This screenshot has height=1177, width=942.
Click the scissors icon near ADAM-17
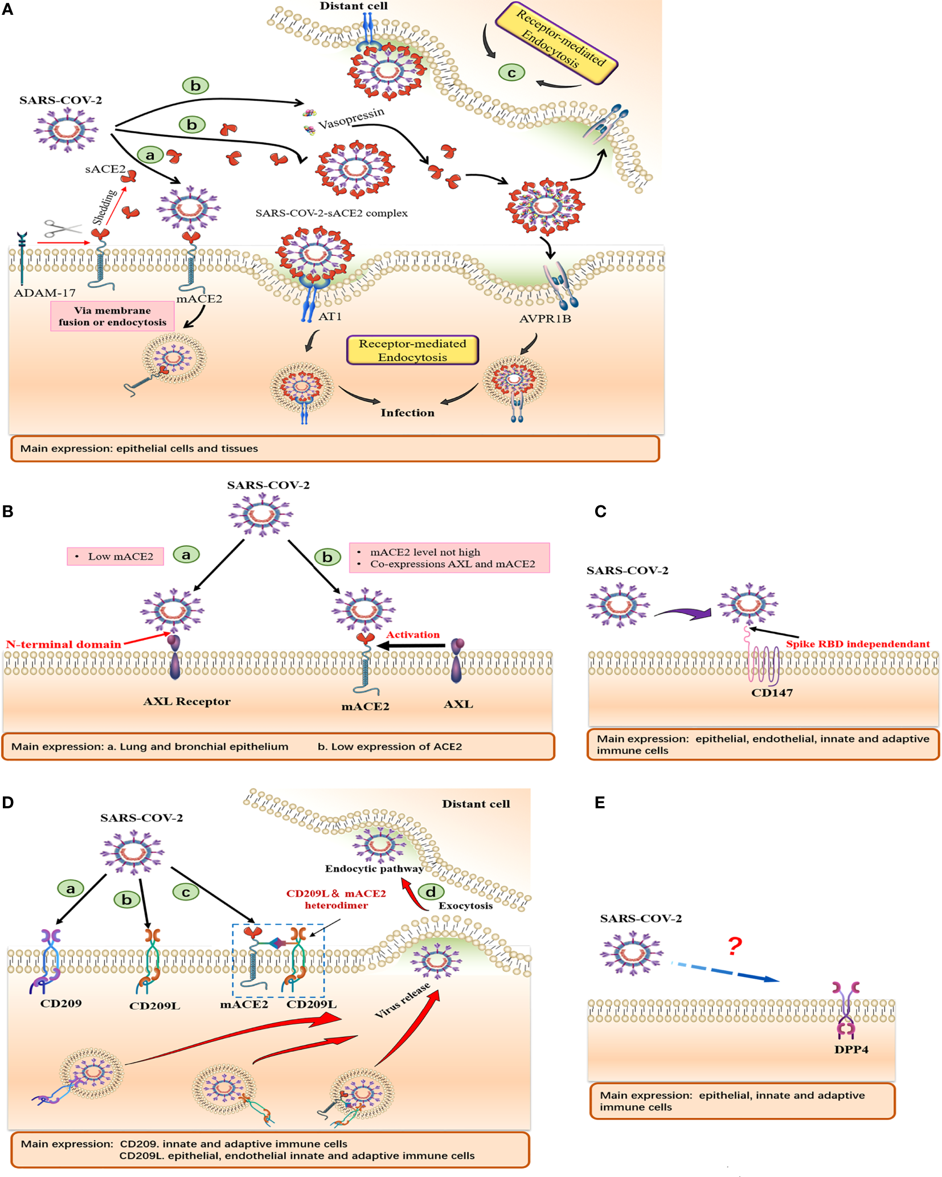tap(63, 228)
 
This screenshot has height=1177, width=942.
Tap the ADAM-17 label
tap(44, 293)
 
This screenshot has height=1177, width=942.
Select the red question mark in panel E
tap(735, 946)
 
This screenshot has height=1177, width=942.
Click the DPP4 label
tap(851, 1049)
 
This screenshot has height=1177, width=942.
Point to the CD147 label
tap(772, 693)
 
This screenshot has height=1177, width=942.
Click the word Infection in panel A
tap(407, 412)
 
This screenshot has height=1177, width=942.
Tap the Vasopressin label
tap(351, 118)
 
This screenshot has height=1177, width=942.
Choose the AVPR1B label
tap(545, 318)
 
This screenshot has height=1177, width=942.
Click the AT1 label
tap(330, 316)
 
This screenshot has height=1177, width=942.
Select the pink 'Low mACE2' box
tap(116, 556)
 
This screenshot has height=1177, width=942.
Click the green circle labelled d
tap(431, 892)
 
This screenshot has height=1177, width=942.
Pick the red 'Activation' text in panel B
tap(413, 635)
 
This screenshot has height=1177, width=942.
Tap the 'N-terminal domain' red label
tap(63, 644)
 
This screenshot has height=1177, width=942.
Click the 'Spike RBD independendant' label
tap(858, 644)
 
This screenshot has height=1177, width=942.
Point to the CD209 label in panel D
tap(61, 1003)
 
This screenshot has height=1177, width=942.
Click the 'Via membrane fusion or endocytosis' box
tap(112, 316)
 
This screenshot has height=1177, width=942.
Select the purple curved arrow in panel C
tap(683, 613)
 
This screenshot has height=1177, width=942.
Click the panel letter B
tap(8, 511)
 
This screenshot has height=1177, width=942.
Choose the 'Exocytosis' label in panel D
tap(465, 906)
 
